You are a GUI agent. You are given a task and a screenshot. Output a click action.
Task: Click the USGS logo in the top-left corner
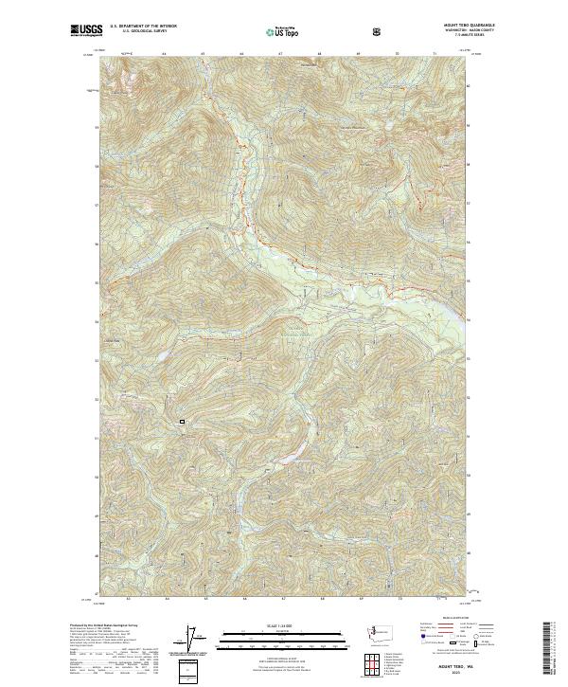[86, 30]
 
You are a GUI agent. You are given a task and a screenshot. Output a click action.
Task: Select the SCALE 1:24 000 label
[270, 625]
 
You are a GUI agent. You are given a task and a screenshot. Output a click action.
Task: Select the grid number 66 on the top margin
[242, 54]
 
